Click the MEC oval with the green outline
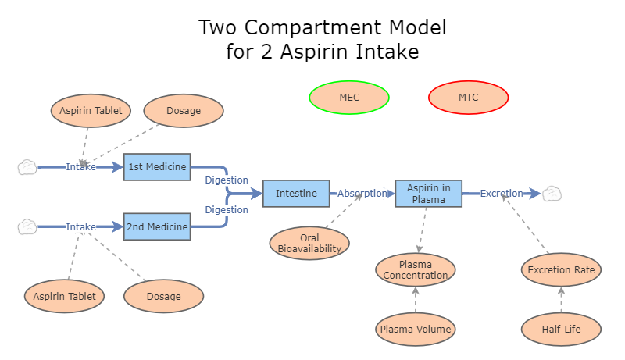coord(349,98)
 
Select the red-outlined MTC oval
coord(469,98)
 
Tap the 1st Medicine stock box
coord(157,166)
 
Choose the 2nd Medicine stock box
coord(157,226)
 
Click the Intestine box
coord(296,193)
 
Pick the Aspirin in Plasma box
coord(429,193)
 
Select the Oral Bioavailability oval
coord(309,243)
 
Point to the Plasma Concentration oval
coord(416,269)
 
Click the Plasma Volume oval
coord(416,329)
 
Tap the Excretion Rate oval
coord(561,269)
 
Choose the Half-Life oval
coord(561,329)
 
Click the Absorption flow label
coord(362,193)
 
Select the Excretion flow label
coord(502,193)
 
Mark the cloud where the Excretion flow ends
coord(552,193)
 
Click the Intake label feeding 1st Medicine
coord(81,166)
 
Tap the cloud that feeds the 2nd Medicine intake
coord(27,226)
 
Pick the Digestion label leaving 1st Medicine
coord(227,180)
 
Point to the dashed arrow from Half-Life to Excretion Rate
coord(561,300)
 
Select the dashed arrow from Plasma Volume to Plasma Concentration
coord(416,300)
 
